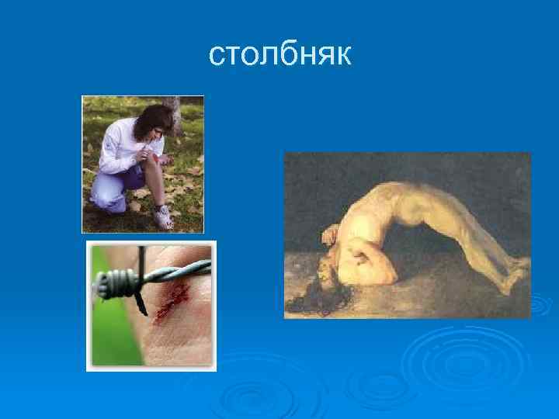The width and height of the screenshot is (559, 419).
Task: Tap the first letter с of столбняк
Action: click(217, 56)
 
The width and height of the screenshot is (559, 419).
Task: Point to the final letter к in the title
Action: click(343, 56)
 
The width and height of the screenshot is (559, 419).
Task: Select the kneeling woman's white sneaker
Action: click(163, 219)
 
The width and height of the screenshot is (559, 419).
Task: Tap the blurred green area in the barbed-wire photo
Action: click(105, 326)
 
